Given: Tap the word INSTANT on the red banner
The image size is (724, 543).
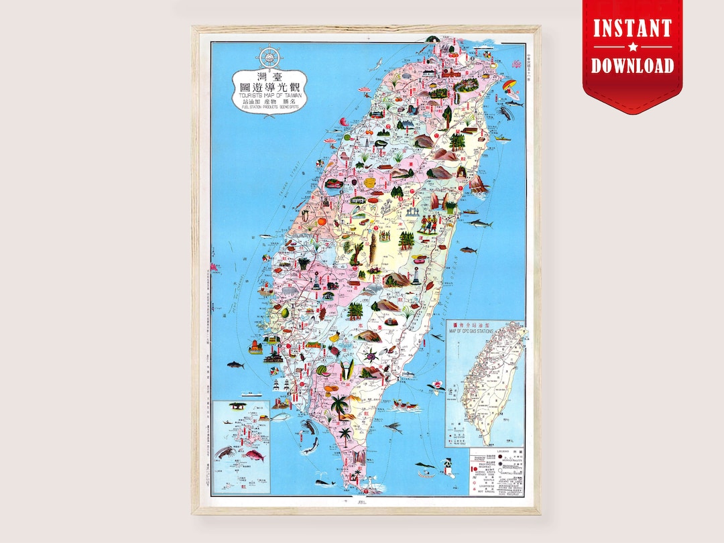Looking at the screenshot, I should coord(632,29).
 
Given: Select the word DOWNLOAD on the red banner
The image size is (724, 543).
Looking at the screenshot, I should coord(632,65).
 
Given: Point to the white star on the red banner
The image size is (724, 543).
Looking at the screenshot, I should coord(632,48).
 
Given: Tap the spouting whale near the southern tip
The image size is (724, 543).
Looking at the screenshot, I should coord(325,482).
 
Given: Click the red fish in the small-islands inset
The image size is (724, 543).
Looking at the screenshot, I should coord(254,456).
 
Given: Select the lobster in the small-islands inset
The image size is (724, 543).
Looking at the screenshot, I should coord(225,452).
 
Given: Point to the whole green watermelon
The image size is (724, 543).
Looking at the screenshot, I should coord(322,369).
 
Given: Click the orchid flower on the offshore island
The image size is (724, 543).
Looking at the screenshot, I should coord(436,385).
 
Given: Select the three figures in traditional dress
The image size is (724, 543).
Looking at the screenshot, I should coord(428,223).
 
